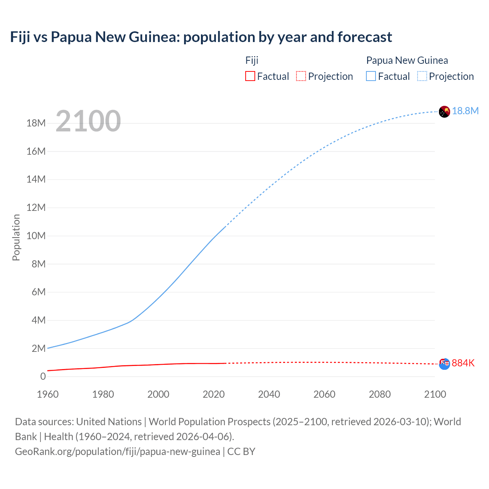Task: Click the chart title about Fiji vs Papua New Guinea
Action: pos(201,37)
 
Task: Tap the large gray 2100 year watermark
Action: pos(88,121)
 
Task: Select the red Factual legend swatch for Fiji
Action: pos(250,76)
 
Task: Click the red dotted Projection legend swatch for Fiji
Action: pos(301,76)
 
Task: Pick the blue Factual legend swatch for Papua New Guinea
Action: pos(371,76)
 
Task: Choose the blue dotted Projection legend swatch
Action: pos(422,76)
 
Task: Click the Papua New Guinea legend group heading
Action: pos(407,60)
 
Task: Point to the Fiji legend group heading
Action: pos(252,60)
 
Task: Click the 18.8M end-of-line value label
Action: pos(465,111)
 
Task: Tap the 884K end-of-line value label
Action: pos(463,363)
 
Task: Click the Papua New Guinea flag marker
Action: pos(444,112)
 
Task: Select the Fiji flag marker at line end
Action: pos(444,364)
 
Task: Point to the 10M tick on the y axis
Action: pos(36,236)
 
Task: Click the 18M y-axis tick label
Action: pos(36,123)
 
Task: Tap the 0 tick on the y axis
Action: pos(43,376)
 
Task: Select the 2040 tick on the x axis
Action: pos(269,394)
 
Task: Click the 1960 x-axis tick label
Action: pos(48,394)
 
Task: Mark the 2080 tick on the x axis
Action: pos(380,394)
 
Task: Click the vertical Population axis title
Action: pos(16,237)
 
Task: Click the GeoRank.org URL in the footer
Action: pos(117,452)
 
